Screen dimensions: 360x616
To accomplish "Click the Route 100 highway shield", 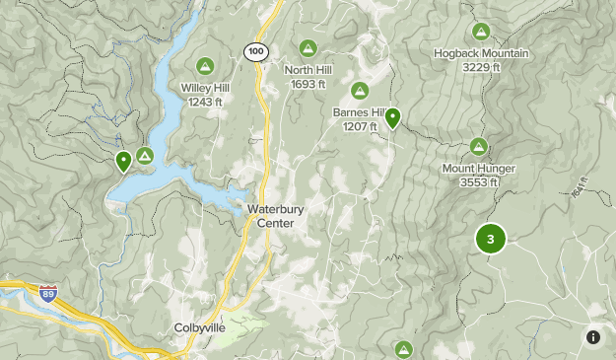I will (x=256, y=50).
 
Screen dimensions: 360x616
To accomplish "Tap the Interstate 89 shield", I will (x=48, y=293).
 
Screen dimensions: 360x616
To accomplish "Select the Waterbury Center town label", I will (x=269, y=216).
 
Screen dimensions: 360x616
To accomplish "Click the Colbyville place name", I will (x=201, y=327).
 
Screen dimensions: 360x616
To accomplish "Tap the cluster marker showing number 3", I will (x=490, y=239).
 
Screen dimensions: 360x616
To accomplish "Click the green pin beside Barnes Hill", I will (x=392, y=118).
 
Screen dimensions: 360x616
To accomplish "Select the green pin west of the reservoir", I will (x=123, y=161).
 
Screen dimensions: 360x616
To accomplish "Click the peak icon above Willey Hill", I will (x=205, y=66).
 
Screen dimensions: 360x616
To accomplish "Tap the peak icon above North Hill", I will (x=308, y=47).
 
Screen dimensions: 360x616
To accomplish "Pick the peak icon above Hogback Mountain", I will (x=480, y=32).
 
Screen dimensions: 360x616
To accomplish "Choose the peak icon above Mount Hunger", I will (x=478, y=147).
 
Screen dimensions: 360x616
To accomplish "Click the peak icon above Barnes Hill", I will (x=361, y=91).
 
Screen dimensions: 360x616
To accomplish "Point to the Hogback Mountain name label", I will (x=480, y=52).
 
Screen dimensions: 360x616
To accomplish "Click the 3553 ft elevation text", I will (x=478, y=182).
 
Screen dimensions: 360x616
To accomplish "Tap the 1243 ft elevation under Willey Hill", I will (x=205, y=102).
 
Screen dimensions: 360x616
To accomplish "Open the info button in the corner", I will (x=592, y=337).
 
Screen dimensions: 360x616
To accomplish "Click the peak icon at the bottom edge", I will (x=403, y=349).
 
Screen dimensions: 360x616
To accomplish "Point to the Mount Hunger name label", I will (x=478, y=169).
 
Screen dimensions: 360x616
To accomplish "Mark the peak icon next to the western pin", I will (x=145, y=155).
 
